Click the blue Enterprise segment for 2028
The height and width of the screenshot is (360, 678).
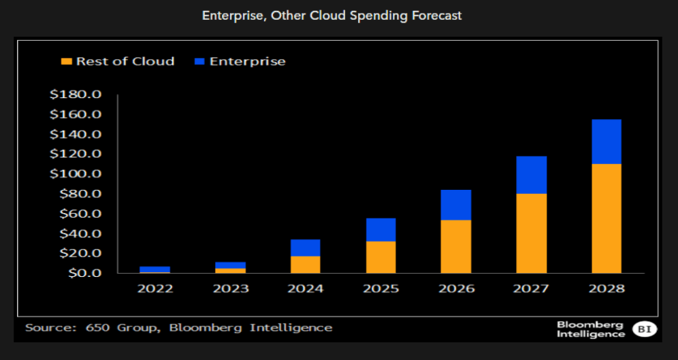[x=606, y=142]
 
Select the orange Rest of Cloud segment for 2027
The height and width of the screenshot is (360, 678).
[x=531, y=233]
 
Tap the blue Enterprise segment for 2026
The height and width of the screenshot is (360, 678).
[x=456, y=205]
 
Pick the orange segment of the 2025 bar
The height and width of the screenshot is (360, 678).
[x=381, y=257]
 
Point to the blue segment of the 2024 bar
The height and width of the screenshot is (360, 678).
[x=306, y=248]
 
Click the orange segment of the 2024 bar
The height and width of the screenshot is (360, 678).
[x=306, y=265]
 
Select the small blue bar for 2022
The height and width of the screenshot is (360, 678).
[x=155, y=269]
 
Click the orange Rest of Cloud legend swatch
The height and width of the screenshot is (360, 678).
[x=66, y=61]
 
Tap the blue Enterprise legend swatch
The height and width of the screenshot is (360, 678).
[x=199, y=61]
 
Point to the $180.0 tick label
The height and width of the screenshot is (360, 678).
[x=76, y=94]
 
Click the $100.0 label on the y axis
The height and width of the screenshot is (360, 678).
[x=76, y=174]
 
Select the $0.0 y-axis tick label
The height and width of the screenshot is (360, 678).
[x=81, y=273]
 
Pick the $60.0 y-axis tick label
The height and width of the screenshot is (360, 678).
[x=78, y=214]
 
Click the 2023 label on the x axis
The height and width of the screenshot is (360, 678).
[x=230, y=289]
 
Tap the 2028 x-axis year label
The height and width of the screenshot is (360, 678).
[x=606, y=289]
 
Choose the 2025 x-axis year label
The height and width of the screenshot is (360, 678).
[x=381, y=289]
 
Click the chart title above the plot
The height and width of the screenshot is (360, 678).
[x=332, y=16]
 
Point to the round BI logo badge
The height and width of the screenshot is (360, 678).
[x=643, y=329]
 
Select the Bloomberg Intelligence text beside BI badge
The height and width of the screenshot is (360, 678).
[x=590, y=329]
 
